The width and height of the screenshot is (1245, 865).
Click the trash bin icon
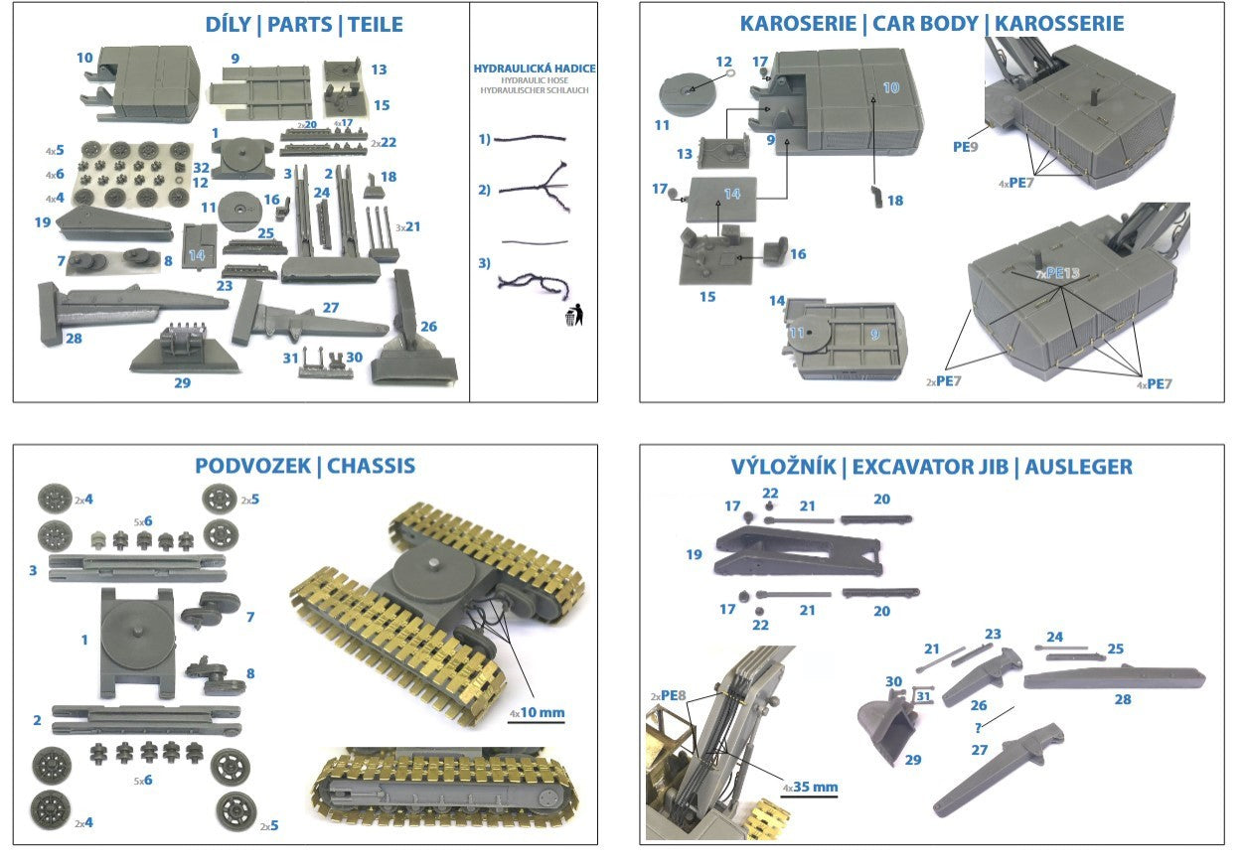click(x=574, y=316)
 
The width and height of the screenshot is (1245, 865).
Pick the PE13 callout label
click(x=1054, y=272)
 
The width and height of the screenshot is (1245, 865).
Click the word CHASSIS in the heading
click(x=371, y=466)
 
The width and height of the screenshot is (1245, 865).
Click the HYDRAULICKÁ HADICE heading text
click(x=535, y=69)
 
